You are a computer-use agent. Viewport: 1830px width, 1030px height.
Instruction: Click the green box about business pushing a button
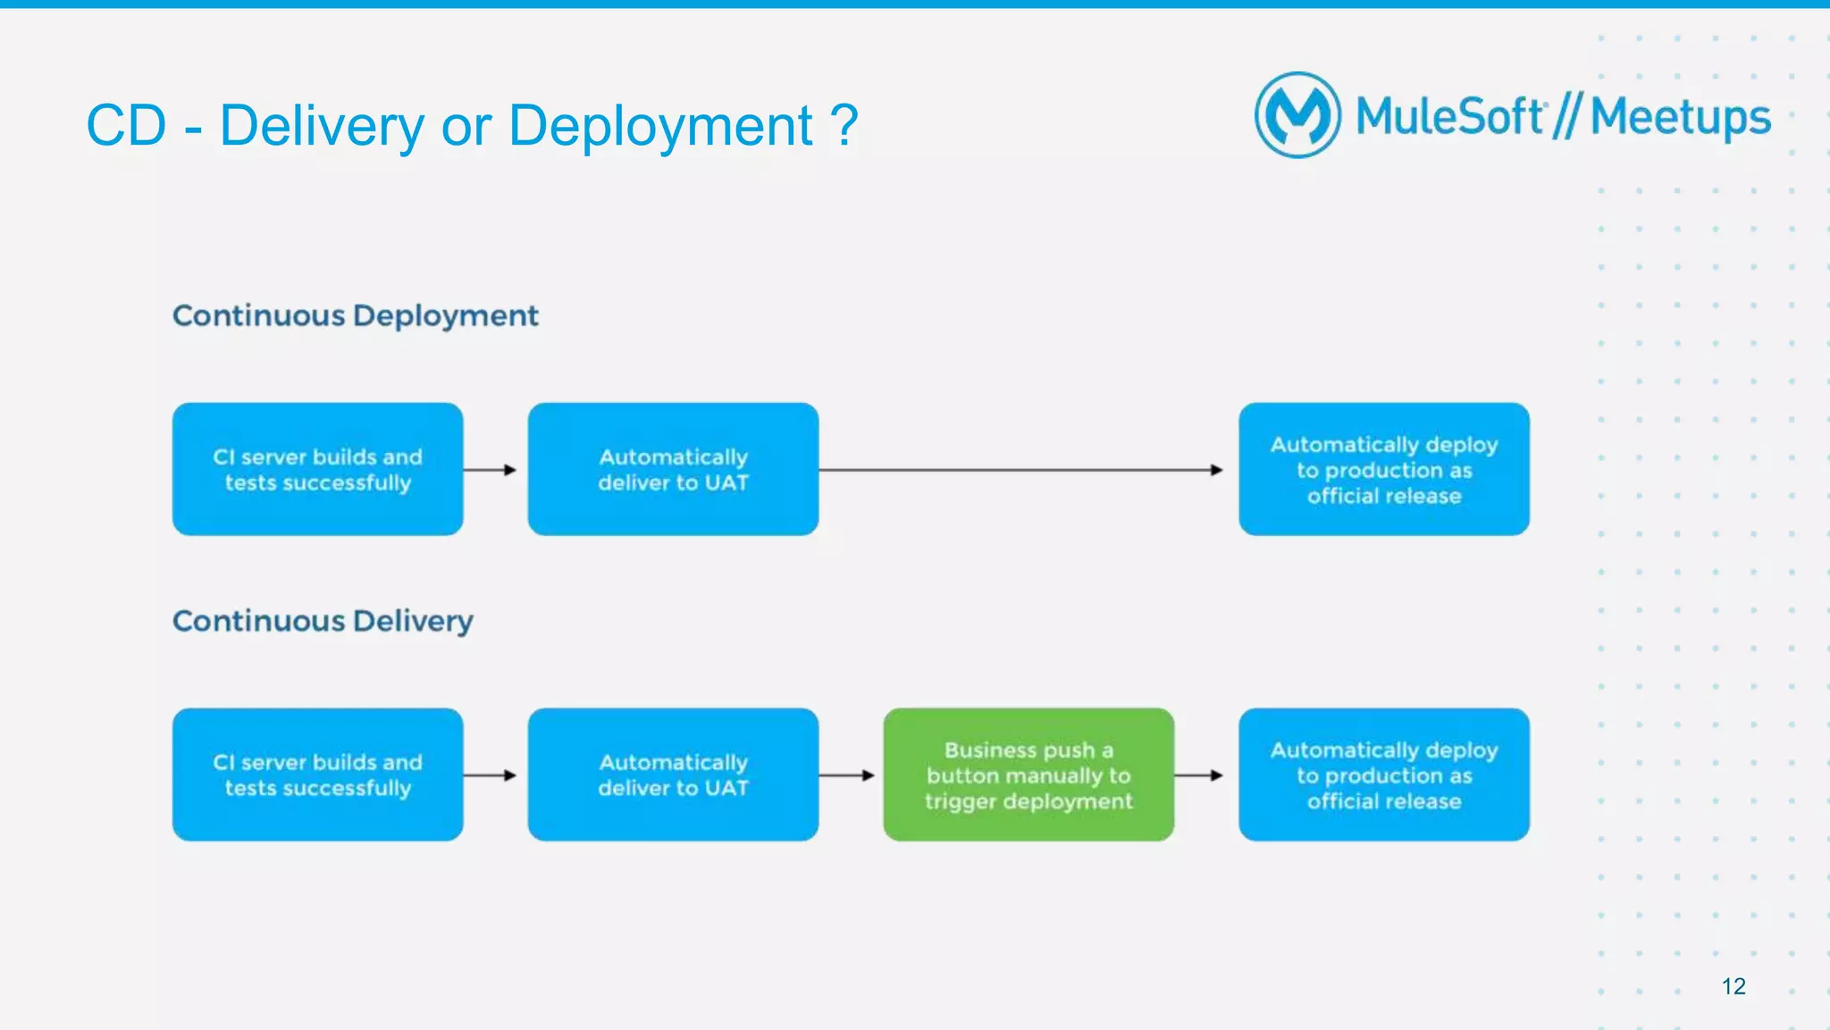[1028, 775]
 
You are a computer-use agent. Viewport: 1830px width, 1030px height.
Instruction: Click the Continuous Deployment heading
[355, 315]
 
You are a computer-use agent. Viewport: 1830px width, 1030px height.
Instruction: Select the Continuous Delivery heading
[323, 621]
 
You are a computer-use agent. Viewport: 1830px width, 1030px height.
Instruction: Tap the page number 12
[1733, 986]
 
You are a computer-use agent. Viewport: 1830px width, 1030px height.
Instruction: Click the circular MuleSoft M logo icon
[1297, 115]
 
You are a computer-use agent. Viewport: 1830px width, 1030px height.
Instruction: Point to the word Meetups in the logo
[1680, 117]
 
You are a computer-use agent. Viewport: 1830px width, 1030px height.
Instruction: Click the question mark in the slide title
[844, 125]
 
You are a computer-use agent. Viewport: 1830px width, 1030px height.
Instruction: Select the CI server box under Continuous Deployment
[317, 469]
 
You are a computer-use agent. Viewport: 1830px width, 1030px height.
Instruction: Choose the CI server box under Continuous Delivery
[317, 775]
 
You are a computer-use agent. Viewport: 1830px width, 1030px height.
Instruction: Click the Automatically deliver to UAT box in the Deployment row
[673, 469]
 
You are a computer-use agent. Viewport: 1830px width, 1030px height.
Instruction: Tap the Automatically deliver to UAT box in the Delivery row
[673, 775]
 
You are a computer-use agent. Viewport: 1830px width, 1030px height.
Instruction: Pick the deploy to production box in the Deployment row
[1383, 469]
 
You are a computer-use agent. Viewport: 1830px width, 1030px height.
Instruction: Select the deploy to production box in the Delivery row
[1383, 775]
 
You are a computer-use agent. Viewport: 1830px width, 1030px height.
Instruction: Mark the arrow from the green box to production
[1198, 775]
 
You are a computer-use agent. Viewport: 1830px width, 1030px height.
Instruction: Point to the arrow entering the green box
[846, 775]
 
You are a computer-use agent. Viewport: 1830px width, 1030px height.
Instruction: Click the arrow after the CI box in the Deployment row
[490, 470]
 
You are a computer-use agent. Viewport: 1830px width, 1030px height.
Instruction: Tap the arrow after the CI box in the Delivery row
[490, 775]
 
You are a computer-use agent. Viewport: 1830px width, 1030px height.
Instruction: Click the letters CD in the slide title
[126, 125]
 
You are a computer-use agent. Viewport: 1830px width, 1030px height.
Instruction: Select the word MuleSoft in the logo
[1449, 117]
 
